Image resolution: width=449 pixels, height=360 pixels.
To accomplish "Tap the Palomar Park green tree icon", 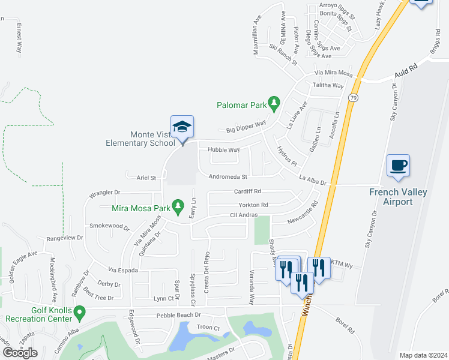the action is coord(274,104).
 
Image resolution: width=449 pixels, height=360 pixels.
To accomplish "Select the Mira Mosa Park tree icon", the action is coord(178,207).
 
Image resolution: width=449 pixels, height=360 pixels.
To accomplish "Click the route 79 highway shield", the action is coord(354,97).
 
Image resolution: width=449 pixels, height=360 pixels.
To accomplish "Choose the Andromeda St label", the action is coord(228,177).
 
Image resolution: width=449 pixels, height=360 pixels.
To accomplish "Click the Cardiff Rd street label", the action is coord(248,192).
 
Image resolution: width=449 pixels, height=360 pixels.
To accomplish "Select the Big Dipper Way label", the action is coord(246,127).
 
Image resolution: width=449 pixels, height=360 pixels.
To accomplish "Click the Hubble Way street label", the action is coord(223,150).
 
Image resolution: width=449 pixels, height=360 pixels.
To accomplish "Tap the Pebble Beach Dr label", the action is coord(178,315).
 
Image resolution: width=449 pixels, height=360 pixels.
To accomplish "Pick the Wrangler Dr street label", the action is coord(104,193).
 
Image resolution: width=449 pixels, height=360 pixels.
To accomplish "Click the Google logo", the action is coord(20,353).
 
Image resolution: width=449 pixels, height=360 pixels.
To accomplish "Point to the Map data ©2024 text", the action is coord(423,355).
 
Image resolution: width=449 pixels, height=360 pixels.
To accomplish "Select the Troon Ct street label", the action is coord(208,328).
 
